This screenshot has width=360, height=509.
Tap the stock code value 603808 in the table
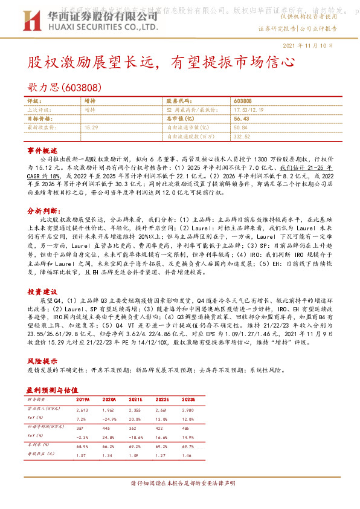(243, 101)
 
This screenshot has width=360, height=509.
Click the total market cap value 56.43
(240, 119)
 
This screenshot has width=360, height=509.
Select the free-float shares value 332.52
(242, 137)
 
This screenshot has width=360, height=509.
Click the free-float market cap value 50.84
(240, 128)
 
